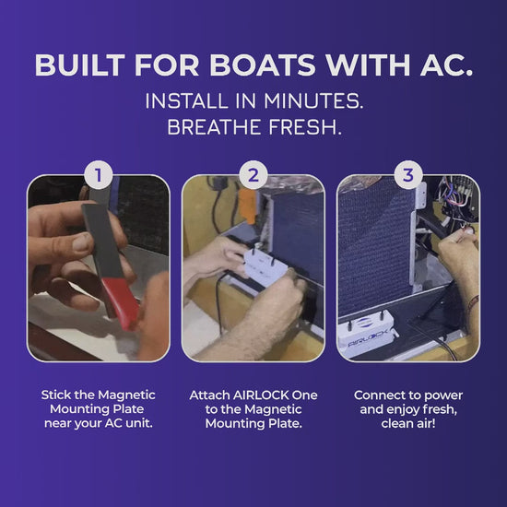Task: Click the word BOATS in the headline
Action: tap(262, 65)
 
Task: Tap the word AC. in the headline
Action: tap(446, 65)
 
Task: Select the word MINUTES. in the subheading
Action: tap(313, 100)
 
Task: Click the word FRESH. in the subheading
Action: tap(305, 127)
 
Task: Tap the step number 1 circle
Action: tap(99, 175)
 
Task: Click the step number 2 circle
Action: tap(253, 175)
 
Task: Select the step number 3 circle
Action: tap(408, 175)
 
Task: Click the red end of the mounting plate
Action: tap(120, 302)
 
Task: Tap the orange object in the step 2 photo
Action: tap(248, 206)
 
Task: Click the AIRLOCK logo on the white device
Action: tap(367, 339)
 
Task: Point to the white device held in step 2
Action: tap(265, 267)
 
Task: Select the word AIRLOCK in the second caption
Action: tap(261, 395)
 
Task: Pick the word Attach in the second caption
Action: tap(209, 395)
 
